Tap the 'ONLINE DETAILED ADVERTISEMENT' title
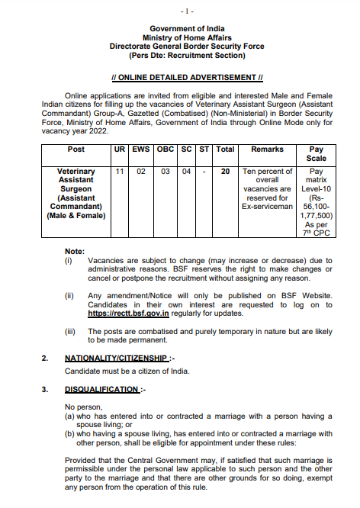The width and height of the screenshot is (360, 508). pos(187,78)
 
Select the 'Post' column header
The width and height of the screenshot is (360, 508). pos(76,150)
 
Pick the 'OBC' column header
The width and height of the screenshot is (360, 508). pos(166,150)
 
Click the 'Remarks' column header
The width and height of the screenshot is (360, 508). pos(267,150)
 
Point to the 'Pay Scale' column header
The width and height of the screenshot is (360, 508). pos(316,154)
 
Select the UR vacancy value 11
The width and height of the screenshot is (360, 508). pos(120,172)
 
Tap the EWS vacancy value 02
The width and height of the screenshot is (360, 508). pos(141,172)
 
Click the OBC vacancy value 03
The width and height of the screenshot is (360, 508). pos(166,172)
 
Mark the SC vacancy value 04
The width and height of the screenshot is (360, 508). pos(187,172)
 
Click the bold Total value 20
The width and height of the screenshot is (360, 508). pos(225,172)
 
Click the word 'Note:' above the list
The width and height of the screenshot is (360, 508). pos(75,251)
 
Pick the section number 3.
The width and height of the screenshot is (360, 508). pos(44,390)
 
